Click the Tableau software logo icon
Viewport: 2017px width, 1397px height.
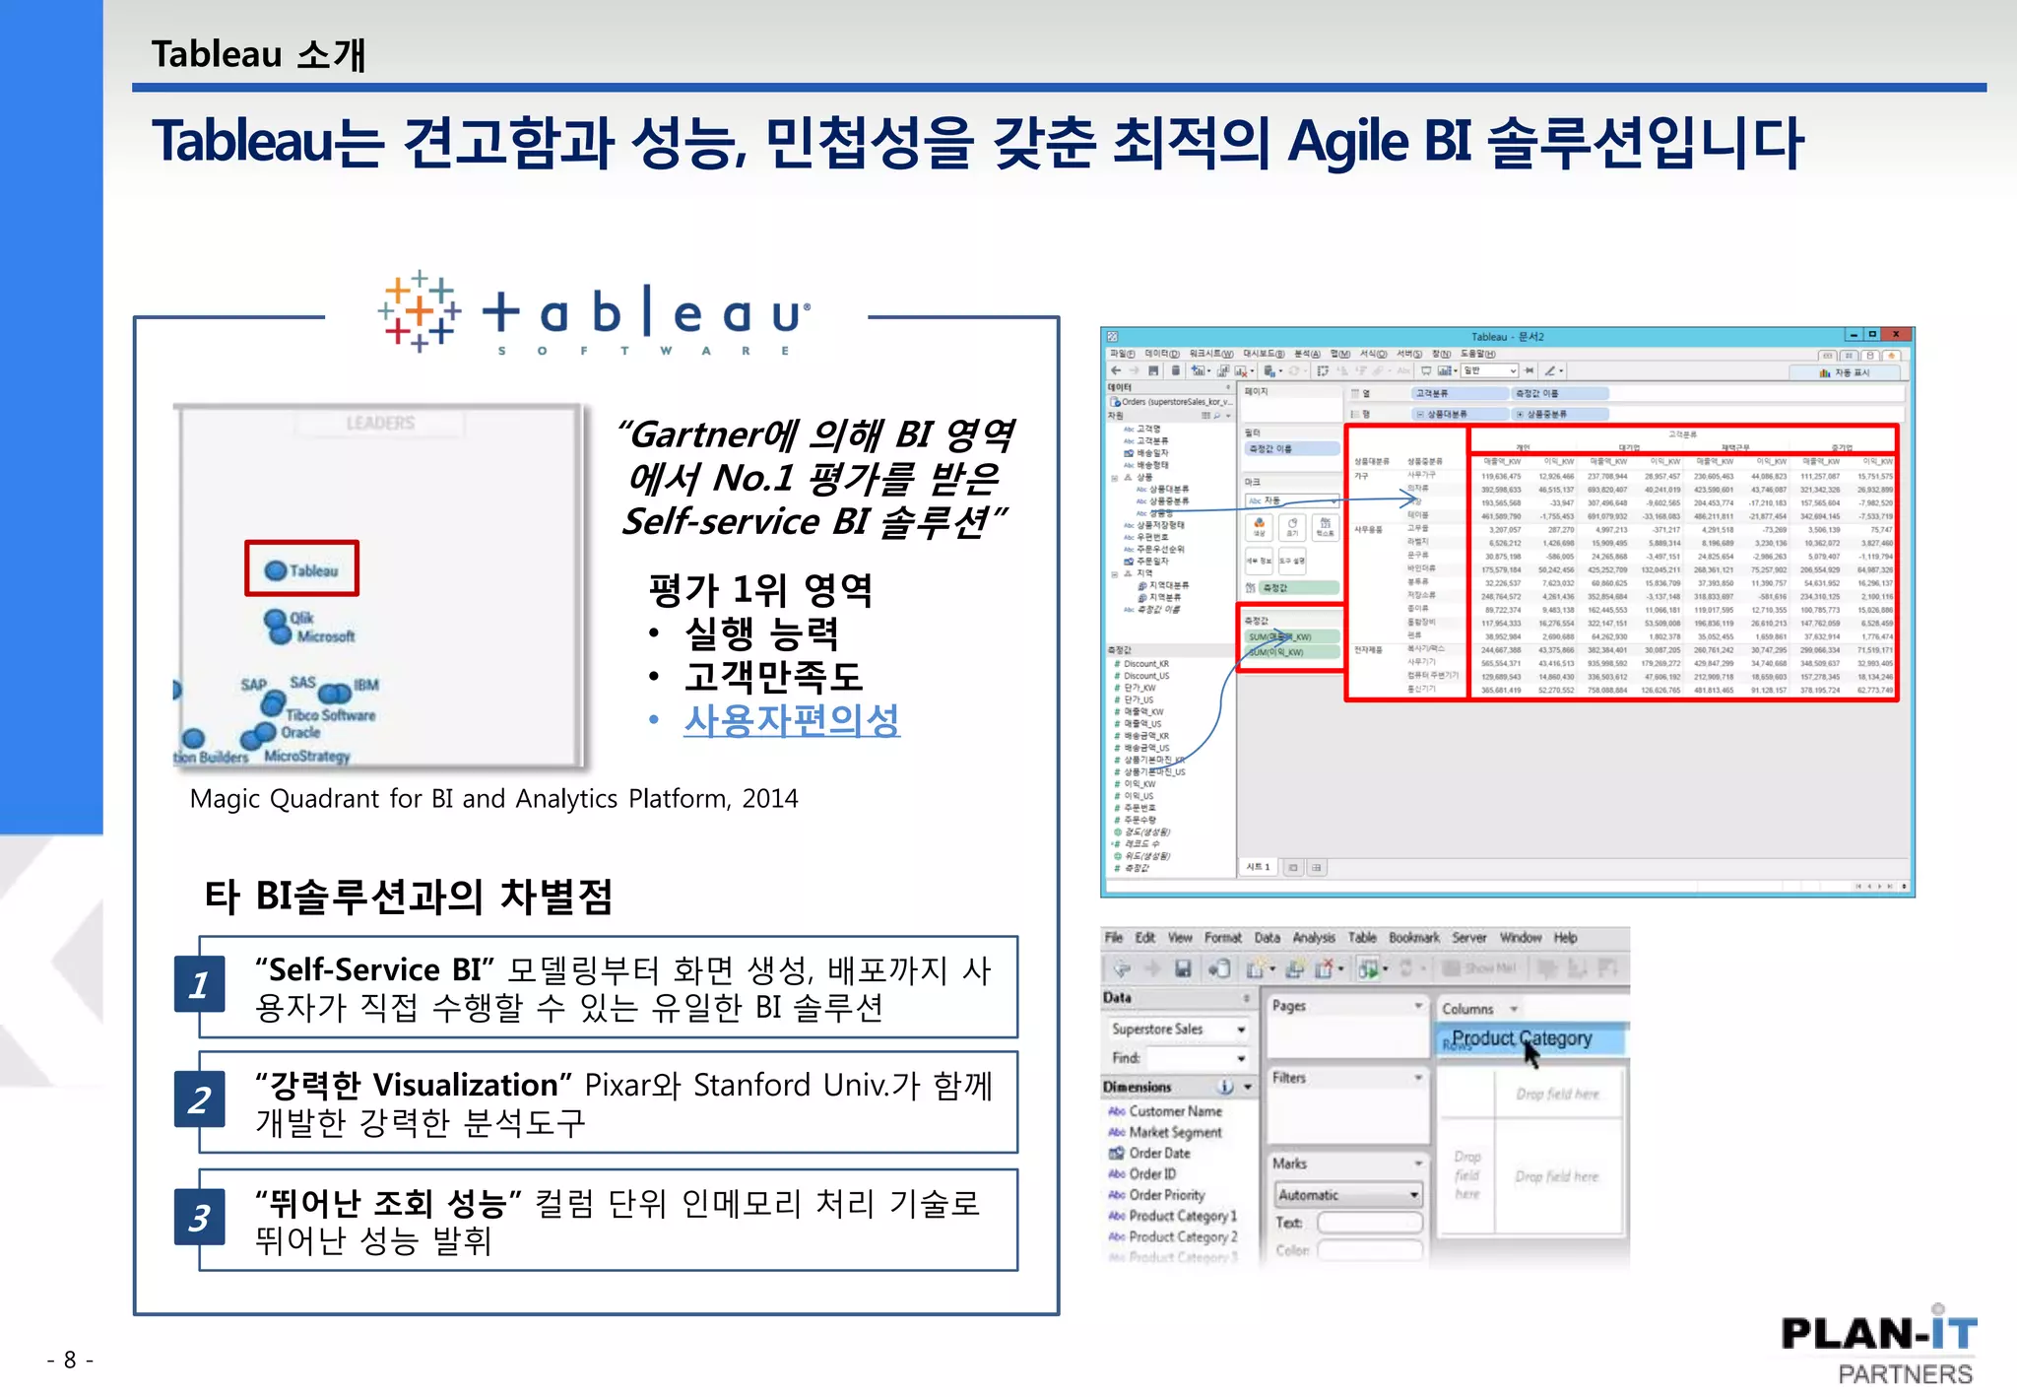[420, 311]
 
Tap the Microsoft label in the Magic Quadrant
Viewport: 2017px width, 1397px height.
[326, 637]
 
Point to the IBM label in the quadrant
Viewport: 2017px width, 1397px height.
[366, 685]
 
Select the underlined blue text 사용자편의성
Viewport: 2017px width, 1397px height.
[792, 720]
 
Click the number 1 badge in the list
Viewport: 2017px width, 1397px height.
[199, 985]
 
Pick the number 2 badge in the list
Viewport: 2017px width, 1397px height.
[199, 1100]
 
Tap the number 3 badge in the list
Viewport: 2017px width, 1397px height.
[199, 1219]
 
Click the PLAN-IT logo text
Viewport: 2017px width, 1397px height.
[1878, 1335]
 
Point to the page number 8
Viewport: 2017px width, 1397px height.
[70, 1361]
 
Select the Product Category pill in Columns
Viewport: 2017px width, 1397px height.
[1522, 1038]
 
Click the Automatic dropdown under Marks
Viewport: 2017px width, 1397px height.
[1348, 1195]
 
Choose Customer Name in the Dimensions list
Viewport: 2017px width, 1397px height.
[1175, 1111]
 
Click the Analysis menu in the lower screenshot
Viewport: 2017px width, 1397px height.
[1314, 938]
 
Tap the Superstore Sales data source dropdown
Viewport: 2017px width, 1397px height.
[1178, 1030]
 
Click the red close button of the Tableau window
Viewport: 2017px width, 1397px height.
[1896, 335]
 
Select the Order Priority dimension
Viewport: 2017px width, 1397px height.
[1167, 1195]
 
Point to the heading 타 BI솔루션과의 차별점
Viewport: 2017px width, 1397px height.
[409, 897]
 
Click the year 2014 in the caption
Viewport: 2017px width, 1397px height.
[770, 799]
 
